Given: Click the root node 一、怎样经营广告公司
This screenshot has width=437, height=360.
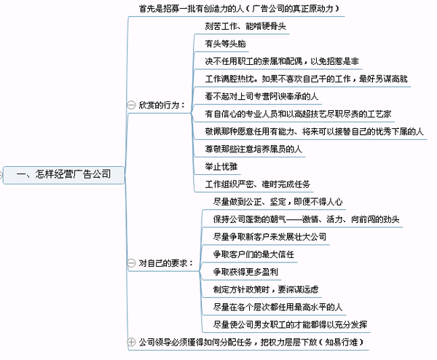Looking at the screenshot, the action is [x=64, y=175].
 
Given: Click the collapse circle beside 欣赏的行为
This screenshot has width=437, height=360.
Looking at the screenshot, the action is [x=131, y=105].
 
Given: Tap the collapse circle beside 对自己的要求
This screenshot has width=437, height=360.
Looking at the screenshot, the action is [x=131, y=263].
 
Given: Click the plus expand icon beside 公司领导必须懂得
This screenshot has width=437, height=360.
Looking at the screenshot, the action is [x=131, y=342].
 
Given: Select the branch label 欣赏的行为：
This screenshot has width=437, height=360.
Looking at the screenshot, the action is [x=162, y=105].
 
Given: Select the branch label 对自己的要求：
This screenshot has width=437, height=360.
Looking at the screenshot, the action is [x=166, y=263].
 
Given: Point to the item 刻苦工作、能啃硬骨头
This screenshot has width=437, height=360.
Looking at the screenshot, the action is [x=245, y=26].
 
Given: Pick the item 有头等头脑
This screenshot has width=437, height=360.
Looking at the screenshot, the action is [x=225, y=44].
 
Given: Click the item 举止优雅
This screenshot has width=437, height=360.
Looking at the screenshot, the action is [x=221, y=166].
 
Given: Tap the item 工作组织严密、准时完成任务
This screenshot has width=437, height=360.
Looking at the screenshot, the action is [x=258, y=184].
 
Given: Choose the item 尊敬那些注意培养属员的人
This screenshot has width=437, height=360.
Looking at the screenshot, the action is [x=253, y=149].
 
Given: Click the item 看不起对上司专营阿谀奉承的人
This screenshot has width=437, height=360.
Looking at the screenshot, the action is [x=261, y=96].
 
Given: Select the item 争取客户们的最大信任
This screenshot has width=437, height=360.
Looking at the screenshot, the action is [x=253, y=254].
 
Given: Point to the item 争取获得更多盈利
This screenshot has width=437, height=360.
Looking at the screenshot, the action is [x=245, y=272].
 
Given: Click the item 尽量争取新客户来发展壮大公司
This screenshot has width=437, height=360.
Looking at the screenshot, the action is [x=269, y=237].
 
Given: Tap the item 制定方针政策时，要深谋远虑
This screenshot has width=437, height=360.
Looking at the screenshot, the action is [x=266, y=289].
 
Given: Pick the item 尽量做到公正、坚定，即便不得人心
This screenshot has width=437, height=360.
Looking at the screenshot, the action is [x=278, y=202].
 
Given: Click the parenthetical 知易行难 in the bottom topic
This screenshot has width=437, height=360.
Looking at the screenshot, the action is [x=341, y=342].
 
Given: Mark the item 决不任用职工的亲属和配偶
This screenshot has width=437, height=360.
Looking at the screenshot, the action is [x=254, y=61].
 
